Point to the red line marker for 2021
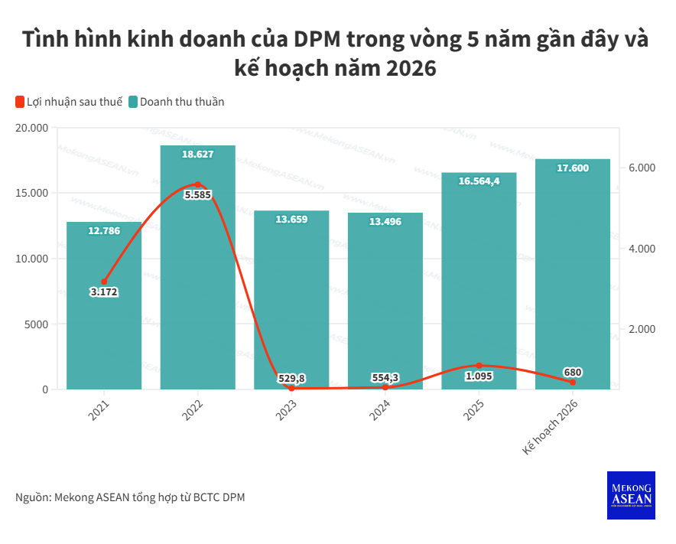pyautogui.click(x=104, y=282)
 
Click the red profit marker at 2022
pyautogui.click(x=197, y=184)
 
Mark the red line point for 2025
pyautogui.click(x=479, y=366)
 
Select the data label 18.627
pyautogui.click(x=197, y=155)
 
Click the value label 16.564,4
pyautogui.click(x=479, y=181)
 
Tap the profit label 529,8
pyautogui.click(x=291, y=378)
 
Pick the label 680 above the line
pyautogui.click(x=573, y=373)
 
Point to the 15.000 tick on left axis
pyautogui.click(x=31, y=193)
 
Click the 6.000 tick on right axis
pyautogui.click(x=642, y=168)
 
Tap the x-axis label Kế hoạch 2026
pyautogui.click(x=551, y=428)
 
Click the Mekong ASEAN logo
pyautogui.click(x=631, y=495)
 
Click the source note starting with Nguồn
pyautogui.click(x=130, y=497)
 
